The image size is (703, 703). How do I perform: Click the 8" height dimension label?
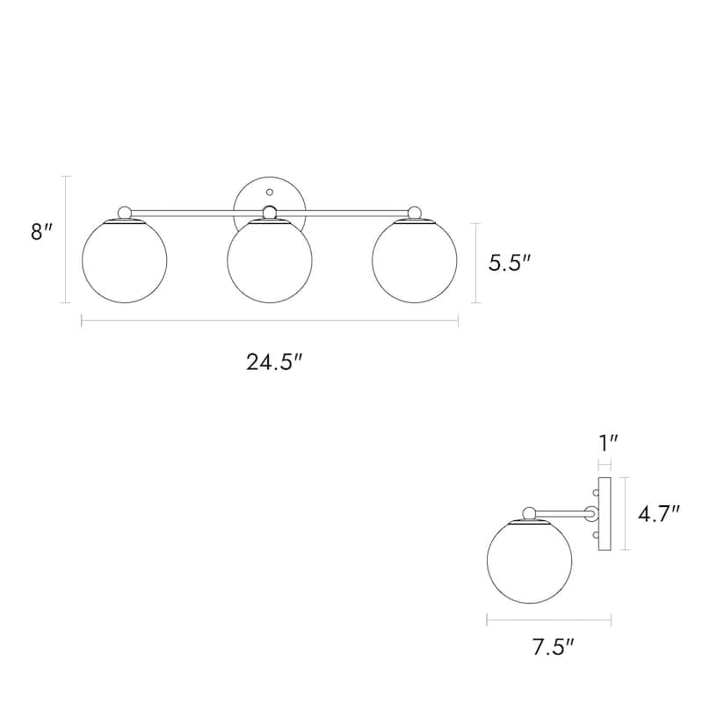point(41,232)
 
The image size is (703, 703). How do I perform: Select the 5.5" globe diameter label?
point(510,262)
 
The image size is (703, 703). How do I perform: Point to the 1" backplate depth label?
point(609,444)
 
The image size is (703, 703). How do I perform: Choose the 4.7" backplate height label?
point(659,513)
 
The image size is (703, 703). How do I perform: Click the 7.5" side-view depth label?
point(554,647)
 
